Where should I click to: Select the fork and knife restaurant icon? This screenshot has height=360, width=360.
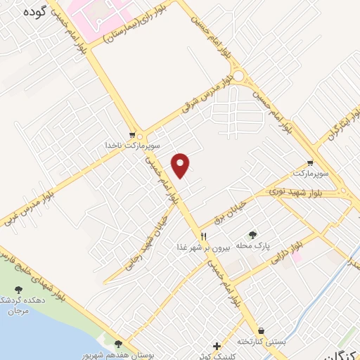204,236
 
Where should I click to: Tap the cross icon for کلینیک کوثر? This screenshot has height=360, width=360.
217,346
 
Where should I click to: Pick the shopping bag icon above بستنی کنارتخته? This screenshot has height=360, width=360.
262,330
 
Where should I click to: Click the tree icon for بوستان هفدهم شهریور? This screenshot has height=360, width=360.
117,344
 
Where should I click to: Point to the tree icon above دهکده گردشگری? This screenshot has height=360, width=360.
19,291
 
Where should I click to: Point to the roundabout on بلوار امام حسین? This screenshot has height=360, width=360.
240,75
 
